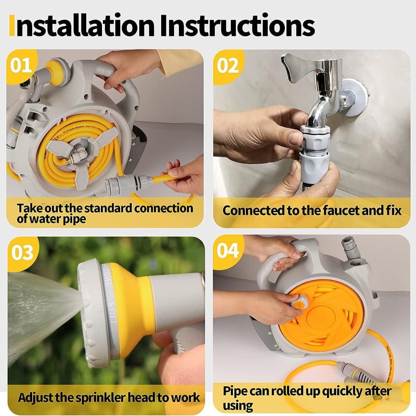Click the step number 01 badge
21,66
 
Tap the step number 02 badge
228,66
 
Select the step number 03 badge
22,253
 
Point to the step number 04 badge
228,251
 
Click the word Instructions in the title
238,25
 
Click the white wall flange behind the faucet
354,98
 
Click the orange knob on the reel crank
300,305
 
